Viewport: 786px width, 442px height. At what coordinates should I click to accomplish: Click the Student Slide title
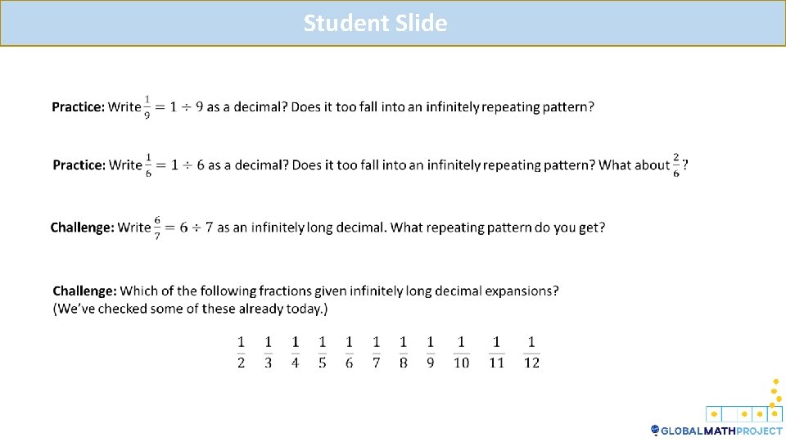click(375, 23)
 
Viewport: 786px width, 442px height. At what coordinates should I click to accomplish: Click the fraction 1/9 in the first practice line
click(147, 107)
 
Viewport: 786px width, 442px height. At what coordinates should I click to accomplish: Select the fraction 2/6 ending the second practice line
click(676, 165)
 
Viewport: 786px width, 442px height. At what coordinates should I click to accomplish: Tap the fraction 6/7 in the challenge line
click(157, 227)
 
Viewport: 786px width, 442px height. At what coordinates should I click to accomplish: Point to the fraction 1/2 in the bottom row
click(241, 352)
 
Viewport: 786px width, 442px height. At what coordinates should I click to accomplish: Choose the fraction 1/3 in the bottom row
click(268, 352)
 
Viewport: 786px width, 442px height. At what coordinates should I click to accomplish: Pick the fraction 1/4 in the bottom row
click(295, 352)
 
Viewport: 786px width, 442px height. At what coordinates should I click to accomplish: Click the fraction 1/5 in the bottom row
click(322, 352)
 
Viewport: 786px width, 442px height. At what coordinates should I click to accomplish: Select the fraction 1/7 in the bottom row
click(376, 352)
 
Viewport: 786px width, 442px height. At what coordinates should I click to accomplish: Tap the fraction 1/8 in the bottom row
click(403, 352)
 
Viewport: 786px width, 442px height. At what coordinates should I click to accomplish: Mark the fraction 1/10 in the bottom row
click(461, 352)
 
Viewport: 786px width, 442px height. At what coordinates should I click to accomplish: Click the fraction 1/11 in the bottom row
click(496, 352)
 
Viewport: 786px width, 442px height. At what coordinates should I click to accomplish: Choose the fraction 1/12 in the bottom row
click(531, 352)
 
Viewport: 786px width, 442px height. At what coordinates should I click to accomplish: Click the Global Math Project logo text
click(721, 431)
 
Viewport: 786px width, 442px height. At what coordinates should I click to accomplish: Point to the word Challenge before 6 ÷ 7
click(82, 228)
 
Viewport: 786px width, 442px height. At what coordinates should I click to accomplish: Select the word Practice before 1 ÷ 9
click(78, 107)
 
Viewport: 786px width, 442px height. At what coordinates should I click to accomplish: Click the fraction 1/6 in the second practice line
click(148, 165)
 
